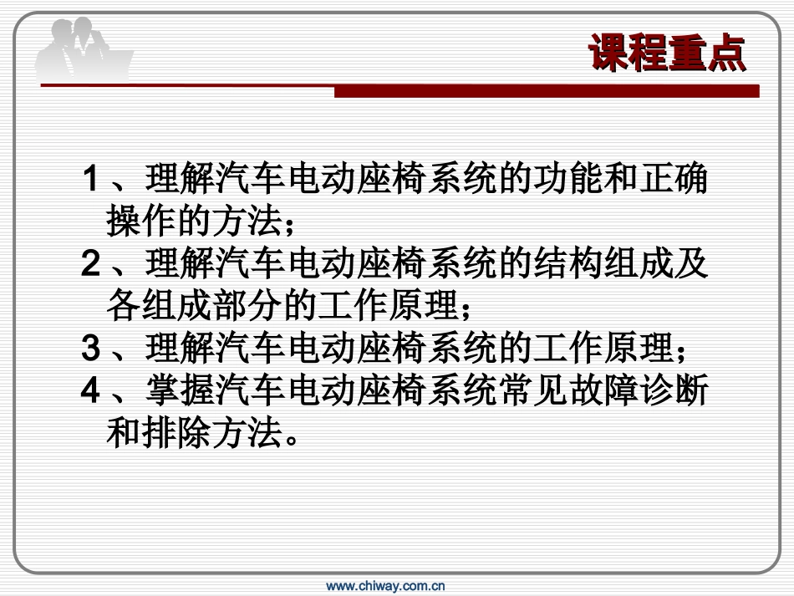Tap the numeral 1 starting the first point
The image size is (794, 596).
pyautogui.click(x=92, y=180)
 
